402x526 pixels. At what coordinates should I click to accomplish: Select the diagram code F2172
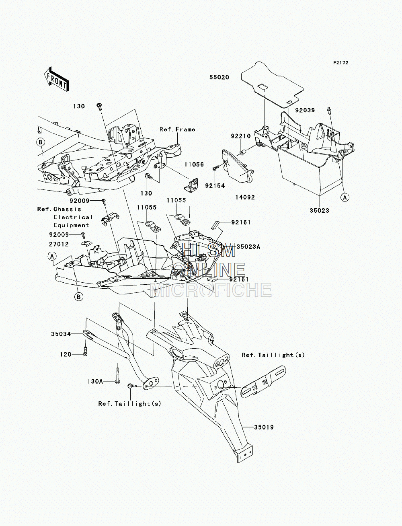[340, 63]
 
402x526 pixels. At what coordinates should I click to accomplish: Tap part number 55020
[219, 77]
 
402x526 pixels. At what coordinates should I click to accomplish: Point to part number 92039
[305, 110]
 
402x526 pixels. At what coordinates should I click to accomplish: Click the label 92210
[241, 136]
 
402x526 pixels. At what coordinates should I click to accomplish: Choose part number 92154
[215, 185]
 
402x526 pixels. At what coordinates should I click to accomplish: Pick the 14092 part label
[245, 197]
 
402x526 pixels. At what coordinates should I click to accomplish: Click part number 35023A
[248, 247]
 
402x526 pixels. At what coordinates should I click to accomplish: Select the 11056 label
[194, 164]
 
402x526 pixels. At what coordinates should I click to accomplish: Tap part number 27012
[59, 244]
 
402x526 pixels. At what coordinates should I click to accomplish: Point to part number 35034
[61, 334]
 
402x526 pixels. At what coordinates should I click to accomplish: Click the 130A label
[95, 381]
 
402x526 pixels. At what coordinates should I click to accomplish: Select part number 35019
[264, 427]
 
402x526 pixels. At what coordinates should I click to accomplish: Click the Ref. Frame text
[177, 129]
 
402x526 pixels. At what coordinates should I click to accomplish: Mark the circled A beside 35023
[345, 197]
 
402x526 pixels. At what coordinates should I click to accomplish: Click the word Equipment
[71, 226]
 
